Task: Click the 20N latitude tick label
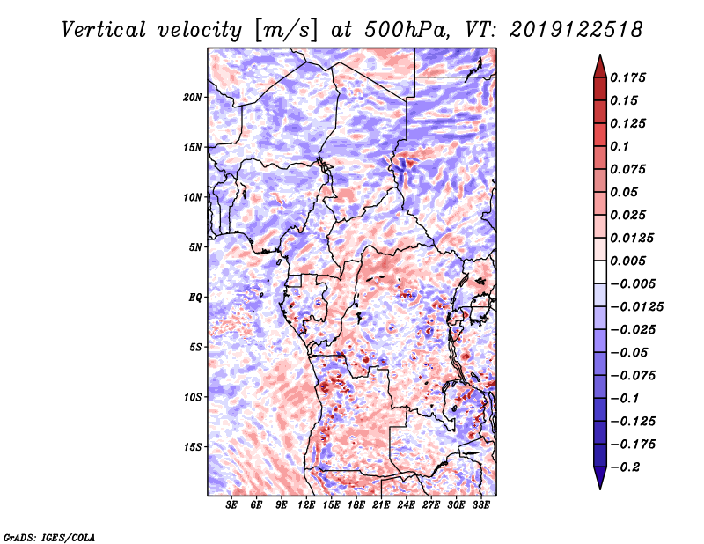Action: [x=193, y=98]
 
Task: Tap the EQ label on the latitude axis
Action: [x=194, y=298]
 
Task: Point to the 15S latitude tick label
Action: [x=193, y=447]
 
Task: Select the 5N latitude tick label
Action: [x=195, y=247]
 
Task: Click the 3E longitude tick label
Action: [x=231, y=505]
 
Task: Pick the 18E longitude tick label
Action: [x=356, y=505]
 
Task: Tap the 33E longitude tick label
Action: [x=480, y=505]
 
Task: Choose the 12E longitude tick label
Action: [x=306, y=505]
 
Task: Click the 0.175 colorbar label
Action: [x=628, y=77]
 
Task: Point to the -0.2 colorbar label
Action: [x=626, y=467]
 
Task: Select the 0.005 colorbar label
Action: [x=628, y=261]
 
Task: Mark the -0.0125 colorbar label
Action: [x=637, y=307]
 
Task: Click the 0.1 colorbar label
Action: [x=620, y=146]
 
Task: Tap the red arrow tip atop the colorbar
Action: [x=600, y=55]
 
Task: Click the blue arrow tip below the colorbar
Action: [x=600, y=489]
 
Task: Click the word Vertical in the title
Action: [x=104, y=30]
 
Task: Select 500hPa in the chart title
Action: [x=406, y=30]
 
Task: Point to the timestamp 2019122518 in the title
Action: [x=576, y=30]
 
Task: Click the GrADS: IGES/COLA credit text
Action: [x=48, y=537]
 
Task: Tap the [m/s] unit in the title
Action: [x=285, y=31]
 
